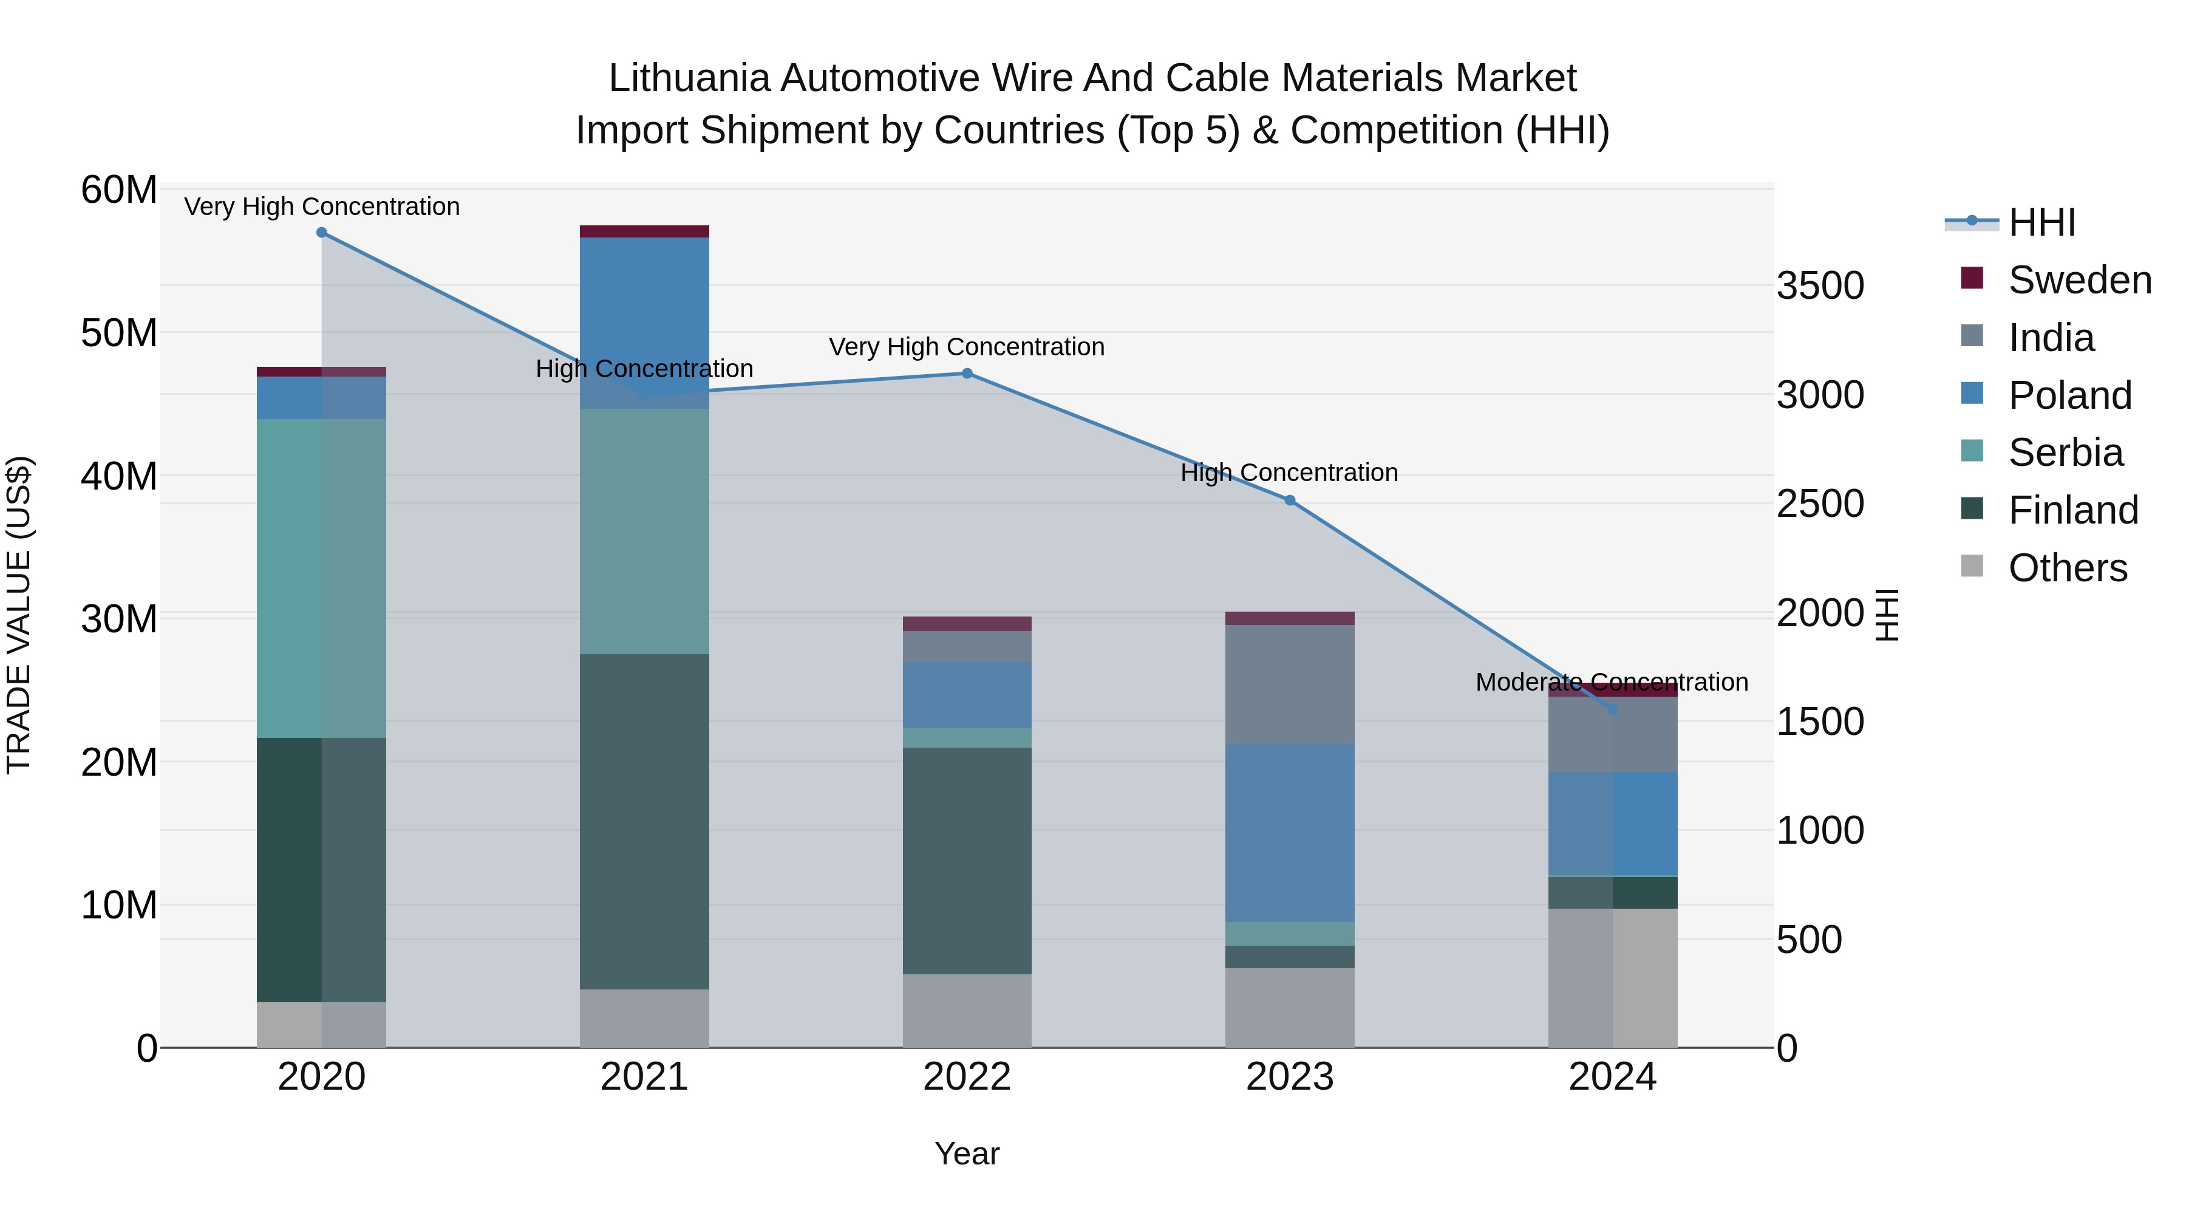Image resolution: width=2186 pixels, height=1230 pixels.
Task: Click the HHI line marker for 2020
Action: tap(322, 233)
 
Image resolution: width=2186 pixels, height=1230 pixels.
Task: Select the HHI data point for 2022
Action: tap(967, 374)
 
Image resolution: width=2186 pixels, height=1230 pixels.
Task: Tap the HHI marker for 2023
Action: tap(1290, 501)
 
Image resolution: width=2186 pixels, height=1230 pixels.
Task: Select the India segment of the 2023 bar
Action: tap(1290, 683)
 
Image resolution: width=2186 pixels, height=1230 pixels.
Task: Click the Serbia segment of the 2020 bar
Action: tap(322, 577)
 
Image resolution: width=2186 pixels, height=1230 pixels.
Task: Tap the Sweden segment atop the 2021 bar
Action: tap(644, 232)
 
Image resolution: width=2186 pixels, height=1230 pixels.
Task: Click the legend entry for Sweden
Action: tap(2079, 280)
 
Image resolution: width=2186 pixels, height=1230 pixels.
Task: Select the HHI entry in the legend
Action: tap(2041, 222)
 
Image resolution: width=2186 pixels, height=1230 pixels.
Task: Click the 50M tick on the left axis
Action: tap(119, 333)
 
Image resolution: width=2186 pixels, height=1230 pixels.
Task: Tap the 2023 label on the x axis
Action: tap(1290, 1077)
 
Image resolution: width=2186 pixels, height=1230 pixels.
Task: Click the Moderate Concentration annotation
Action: tap(1612, 683)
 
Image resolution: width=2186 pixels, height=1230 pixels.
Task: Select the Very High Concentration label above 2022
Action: tap(967, 347)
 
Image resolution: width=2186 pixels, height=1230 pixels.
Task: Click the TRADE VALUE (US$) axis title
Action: tap(19, 615)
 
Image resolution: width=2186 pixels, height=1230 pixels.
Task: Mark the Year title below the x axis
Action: tap(967, 1153)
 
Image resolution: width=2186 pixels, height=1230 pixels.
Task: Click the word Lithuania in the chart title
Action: tap(689, 78)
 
